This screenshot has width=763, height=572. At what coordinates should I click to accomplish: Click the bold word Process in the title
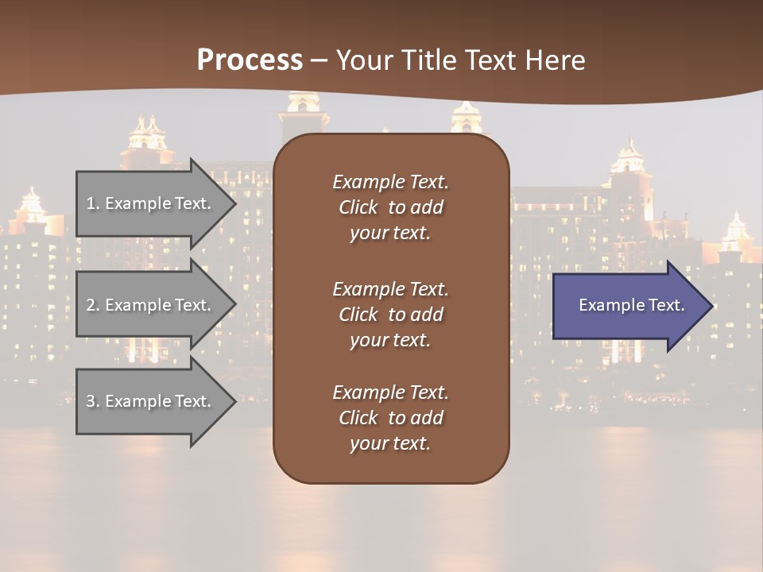250,60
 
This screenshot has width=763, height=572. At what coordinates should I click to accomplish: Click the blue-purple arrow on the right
628,305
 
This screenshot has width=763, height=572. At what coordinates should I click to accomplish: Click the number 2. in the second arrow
93,305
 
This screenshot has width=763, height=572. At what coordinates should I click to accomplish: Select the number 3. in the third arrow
93,401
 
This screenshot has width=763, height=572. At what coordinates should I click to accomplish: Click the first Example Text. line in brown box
390,182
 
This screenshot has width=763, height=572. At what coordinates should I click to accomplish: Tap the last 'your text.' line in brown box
390,443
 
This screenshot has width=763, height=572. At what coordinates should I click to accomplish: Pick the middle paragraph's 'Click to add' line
390,315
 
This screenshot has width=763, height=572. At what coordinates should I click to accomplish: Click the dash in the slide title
320,60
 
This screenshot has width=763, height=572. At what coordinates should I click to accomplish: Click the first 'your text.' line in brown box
390,234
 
